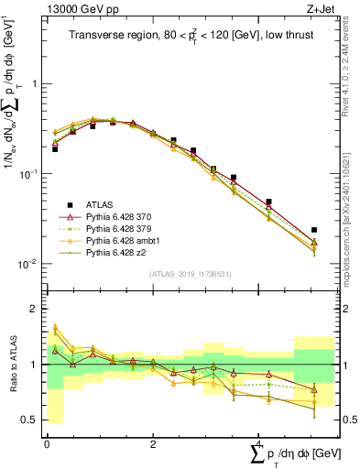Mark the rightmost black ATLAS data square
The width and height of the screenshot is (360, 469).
[x=314, y=230]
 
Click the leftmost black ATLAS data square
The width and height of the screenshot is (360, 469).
[x=55, y=148]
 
